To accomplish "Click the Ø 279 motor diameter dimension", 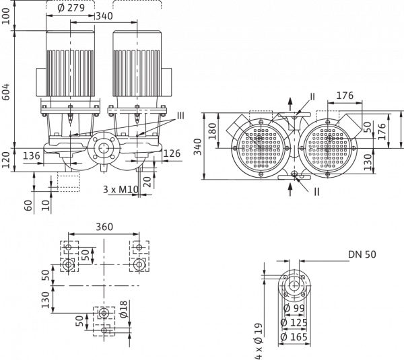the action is [71, 7].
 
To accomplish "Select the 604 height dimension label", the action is [5, 92].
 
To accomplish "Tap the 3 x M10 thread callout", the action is [121, 190].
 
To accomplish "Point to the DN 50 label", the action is [362, 254].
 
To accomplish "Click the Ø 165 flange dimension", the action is [294, 337].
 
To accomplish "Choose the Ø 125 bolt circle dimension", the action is [294, 322].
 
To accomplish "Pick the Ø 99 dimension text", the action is [294, 308].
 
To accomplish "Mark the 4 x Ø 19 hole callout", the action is [259, 341].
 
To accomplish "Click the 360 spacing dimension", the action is [104, 227].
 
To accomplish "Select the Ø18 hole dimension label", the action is [123, 309].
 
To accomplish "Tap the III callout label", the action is [180, 116].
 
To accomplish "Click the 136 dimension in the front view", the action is [32, 156].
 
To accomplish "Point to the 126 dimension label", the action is [172, 153].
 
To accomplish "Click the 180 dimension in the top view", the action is [212, 131].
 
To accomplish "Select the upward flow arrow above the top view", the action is [290, 105].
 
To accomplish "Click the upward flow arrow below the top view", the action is [290, 189].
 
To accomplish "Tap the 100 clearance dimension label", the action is [5, 16].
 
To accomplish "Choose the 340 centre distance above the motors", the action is [104, 16].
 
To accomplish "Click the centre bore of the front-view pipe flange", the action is [104, 148].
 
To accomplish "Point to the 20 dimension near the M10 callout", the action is [147, 182].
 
